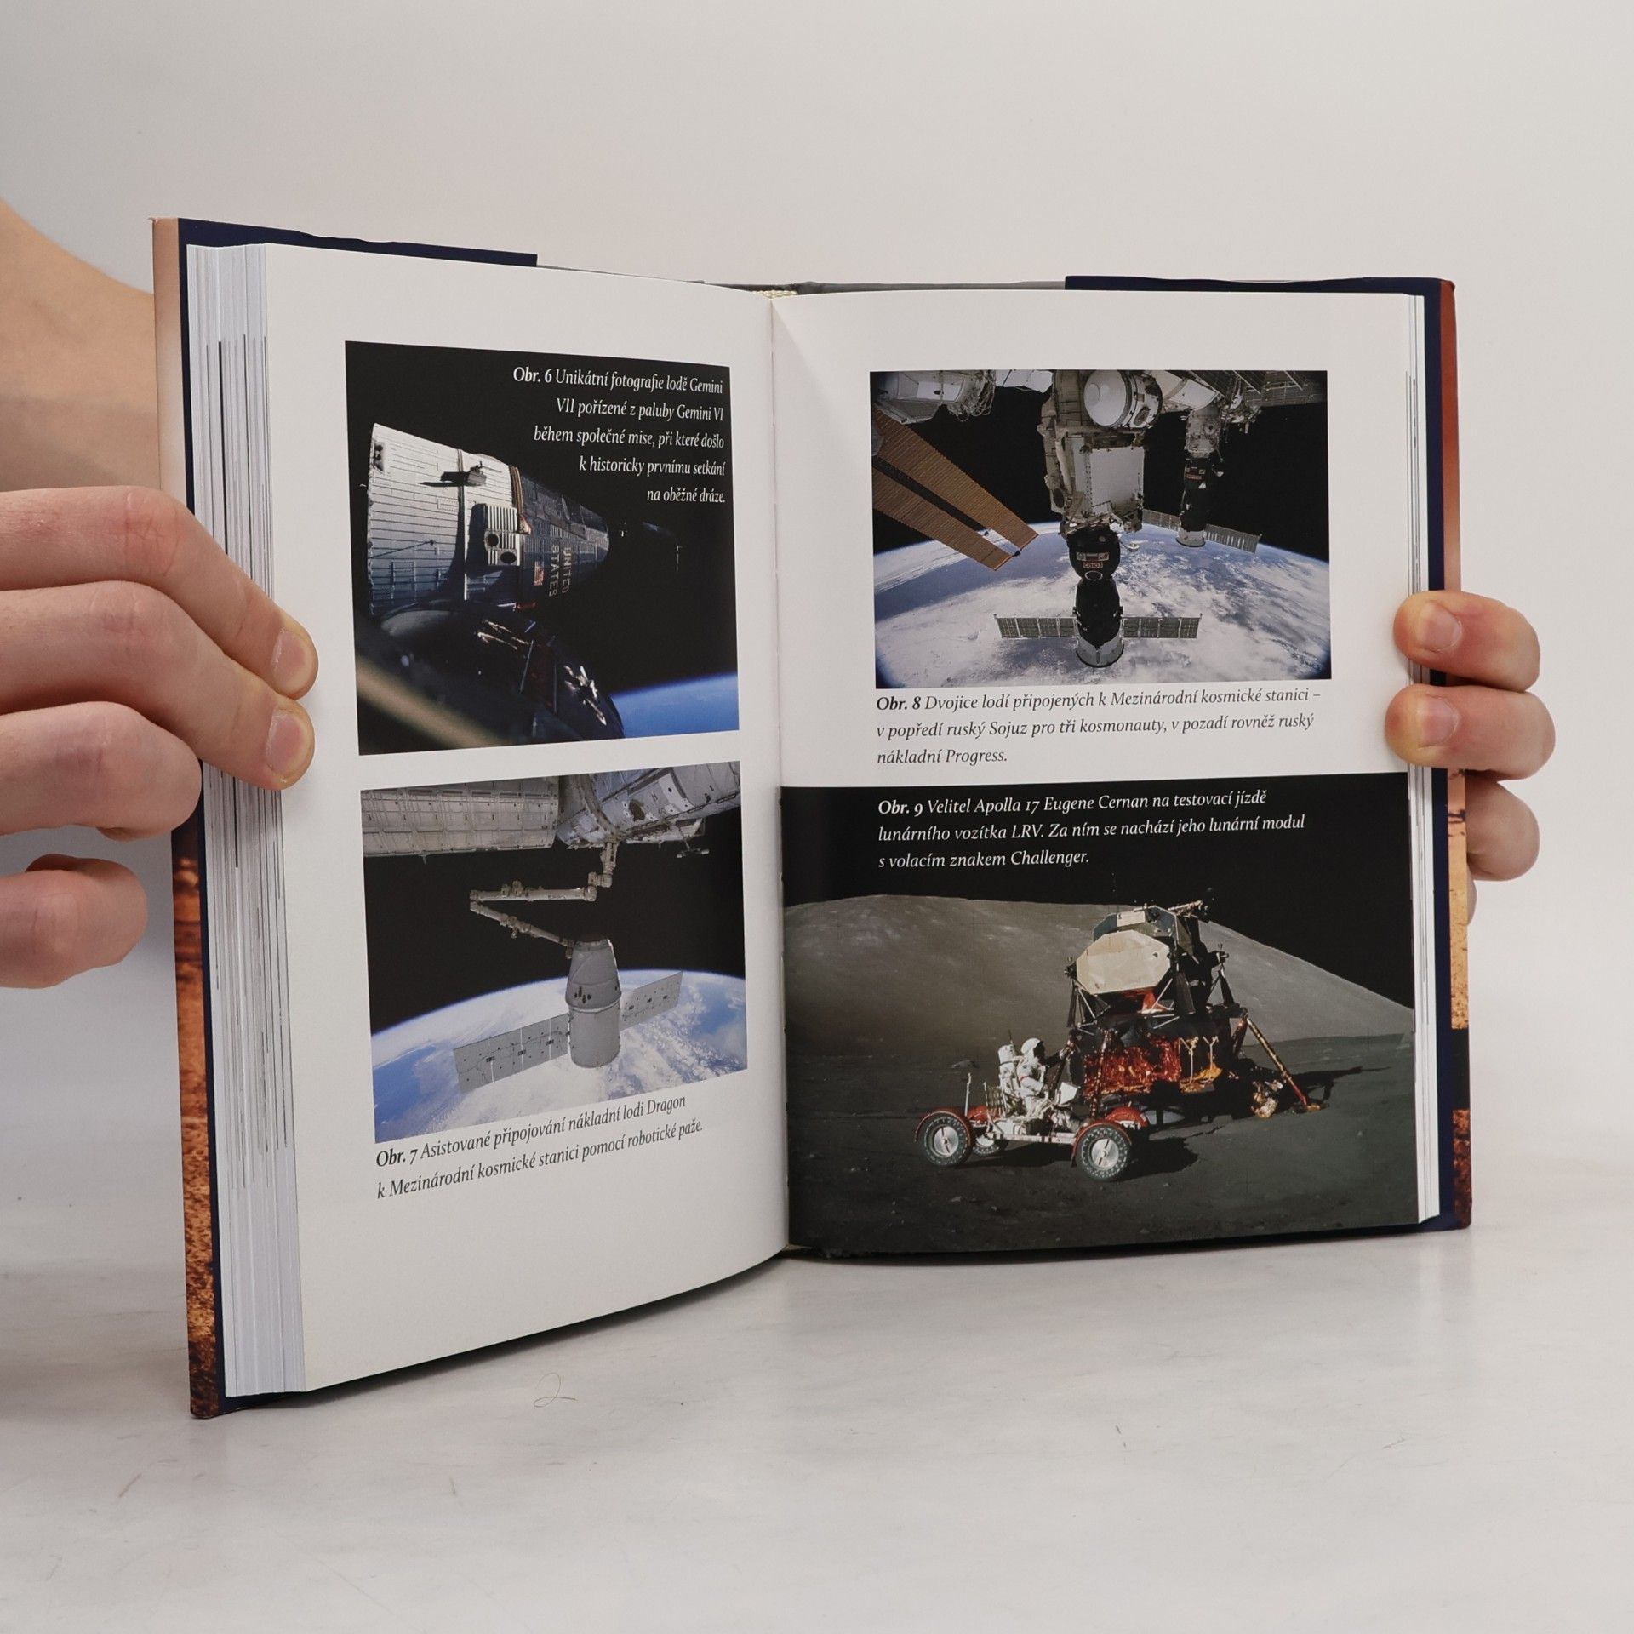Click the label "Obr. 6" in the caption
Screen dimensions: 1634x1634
[x=532, y=375]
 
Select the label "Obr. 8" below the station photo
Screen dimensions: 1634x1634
[x=898, y=705]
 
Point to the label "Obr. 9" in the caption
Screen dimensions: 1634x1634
[x=900, y=809]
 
